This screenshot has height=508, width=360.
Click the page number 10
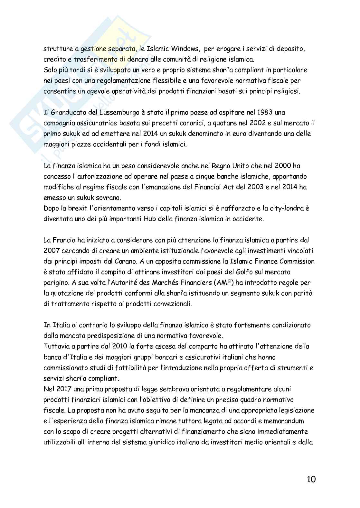pyautogui.click(x=311, y=479)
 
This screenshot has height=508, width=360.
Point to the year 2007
pyautogui.click(x=51, y=250)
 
